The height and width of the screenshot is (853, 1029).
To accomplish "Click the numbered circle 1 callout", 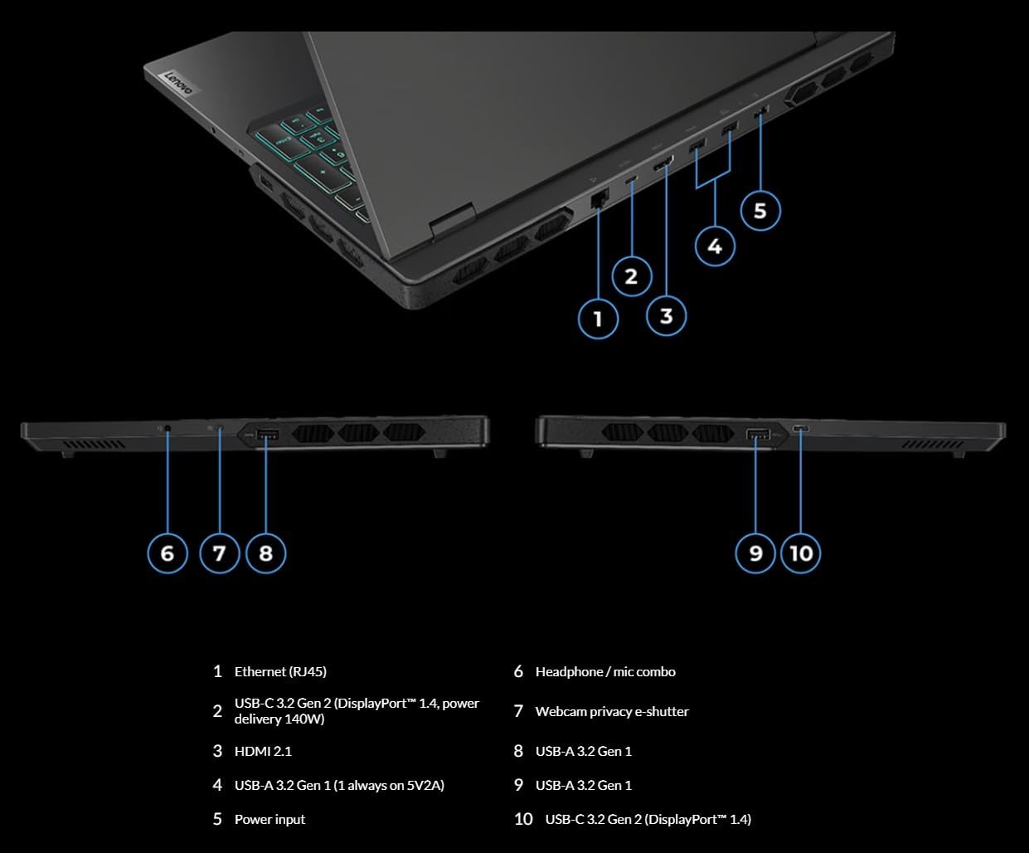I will (x=598, y=318).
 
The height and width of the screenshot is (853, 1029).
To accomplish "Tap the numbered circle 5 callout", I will (x=760, y=211).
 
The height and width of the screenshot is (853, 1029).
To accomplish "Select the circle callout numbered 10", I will (x=801, y=553).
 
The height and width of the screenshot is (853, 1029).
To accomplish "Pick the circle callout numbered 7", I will (x=219, y=553).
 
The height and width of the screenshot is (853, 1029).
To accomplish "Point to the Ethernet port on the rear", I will (x=599, y=199).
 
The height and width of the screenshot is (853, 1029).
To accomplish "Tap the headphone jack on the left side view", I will (x=168, y=429).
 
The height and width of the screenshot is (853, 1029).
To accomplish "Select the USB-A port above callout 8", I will (x=266, y=434).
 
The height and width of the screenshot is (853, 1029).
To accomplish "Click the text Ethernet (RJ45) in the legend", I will (x=274, y=671).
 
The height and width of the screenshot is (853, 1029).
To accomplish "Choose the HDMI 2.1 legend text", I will (x=263, y=751).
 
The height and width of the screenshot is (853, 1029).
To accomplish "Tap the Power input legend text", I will (x=269, y=819).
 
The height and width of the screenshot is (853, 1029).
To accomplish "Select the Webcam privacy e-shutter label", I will (x=612, y=711).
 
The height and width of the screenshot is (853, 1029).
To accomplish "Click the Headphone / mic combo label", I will (x=605, y=671).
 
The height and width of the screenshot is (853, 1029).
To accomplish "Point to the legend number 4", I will (x=217, y=785).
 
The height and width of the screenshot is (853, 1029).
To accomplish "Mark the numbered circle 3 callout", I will (x=666, y=315).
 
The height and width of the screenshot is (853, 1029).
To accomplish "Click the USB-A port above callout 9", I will (x=757, y=435).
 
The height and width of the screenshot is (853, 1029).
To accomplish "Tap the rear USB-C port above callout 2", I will (x=632, y=181).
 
